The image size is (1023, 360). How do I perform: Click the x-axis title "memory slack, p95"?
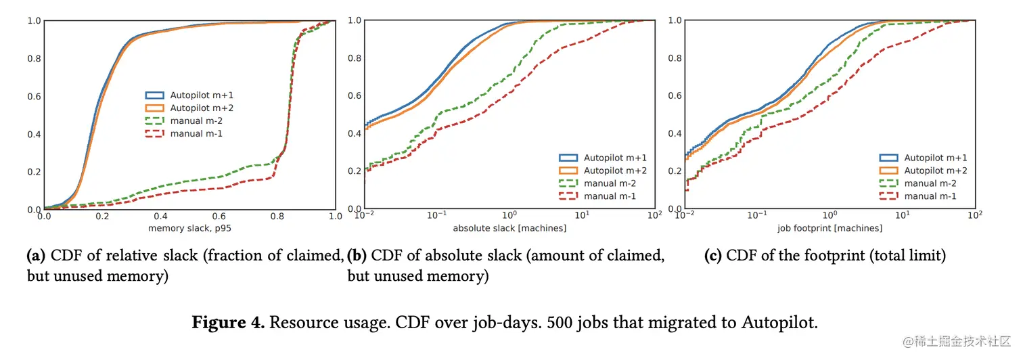(x=189, y=228)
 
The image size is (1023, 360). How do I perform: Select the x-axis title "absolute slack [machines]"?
(x=509, y=228)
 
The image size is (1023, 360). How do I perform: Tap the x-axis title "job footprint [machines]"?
(x=830, y=228)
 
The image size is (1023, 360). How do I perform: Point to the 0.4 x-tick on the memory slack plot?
(x=160, y=217)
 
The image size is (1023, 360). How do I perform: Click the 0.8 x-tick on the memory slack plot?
(x=277, y=217)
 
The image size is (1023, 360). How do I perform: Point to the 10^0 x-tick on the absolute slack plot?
(x=509, y=217)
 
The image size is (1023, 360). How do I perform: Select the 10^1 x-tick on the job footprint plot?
(x=903, y=217)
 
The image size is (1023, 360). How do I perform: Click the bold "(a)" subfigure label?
(x=36, y=256)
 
